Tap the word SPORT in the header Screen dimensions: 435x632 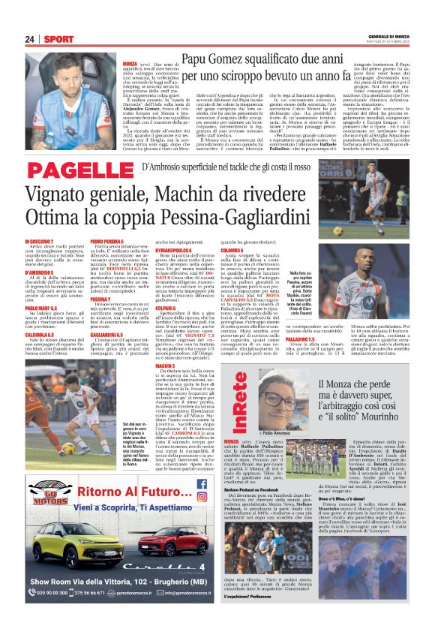58,39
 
